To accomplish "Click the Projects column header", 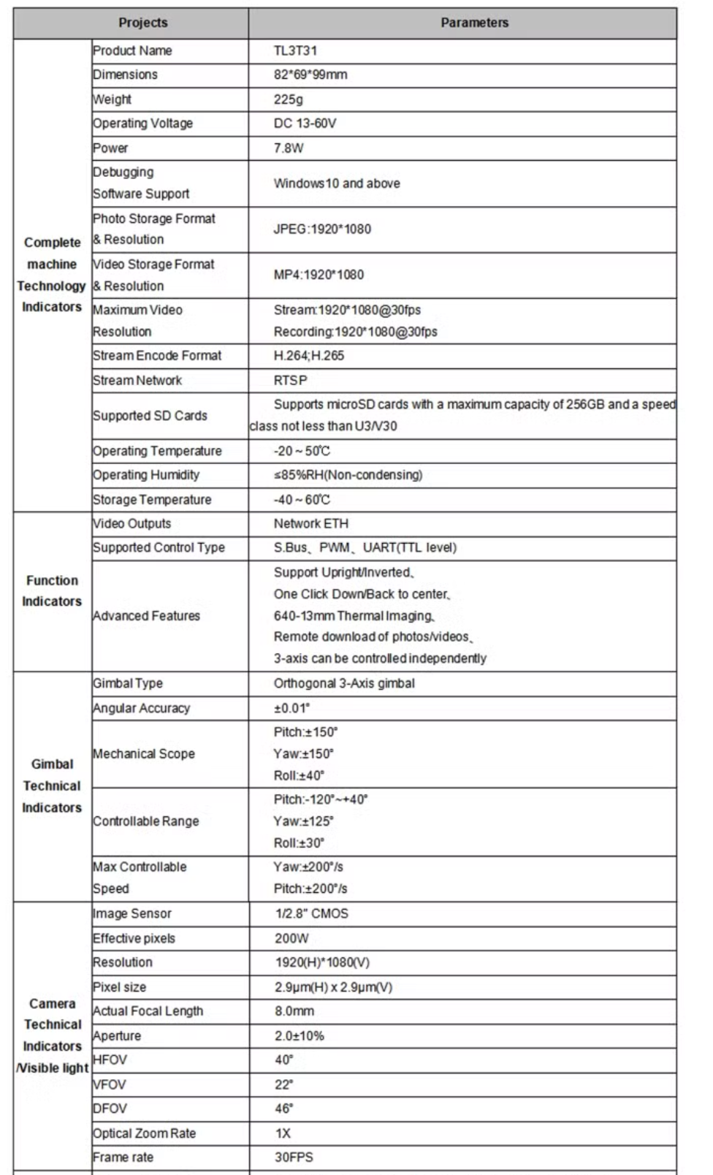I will click(x=142, y=23).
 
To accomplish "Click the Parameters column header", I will click(x=474, y=23).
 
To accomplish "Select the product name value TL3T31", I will click(x=295, y=50).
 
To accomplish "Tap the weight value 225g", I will click(x=288, y=99).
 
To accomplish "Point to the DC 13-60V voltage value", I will click(x=305, y=123).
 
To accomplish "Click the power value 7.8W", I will click(x=288, y=148).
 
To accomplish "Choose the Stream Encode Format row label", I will click(x=157, y=356).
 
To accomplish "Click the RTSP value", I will click(x=290, y=380).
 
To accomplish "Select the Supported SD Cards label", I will click(x=150, y=416).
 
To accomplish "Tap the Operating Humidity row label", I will click(x=146, y=475).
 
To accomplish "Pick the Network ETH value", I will click(x=310, y=523).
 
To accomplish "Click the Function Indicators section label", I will click(x=52, y=590).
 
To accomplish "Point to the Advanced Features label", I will click(x=146, y=616).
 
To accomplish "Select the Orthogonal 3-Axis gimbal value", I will click(x=344, y=683).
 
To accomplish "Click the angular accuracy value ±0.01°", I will click(x=291, y=708).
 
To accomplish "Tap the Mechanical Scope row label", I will click(x=144, y=753).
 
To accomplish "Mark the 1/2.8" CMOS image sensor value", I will click(x=311, y=913).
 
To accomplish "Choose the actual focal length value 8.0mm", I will click(x=294, y=1011).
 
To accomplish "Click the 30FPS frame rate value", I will click(x=294, y=1157).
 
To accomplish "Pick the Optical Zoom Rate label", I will click(x=145, y=1133).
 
